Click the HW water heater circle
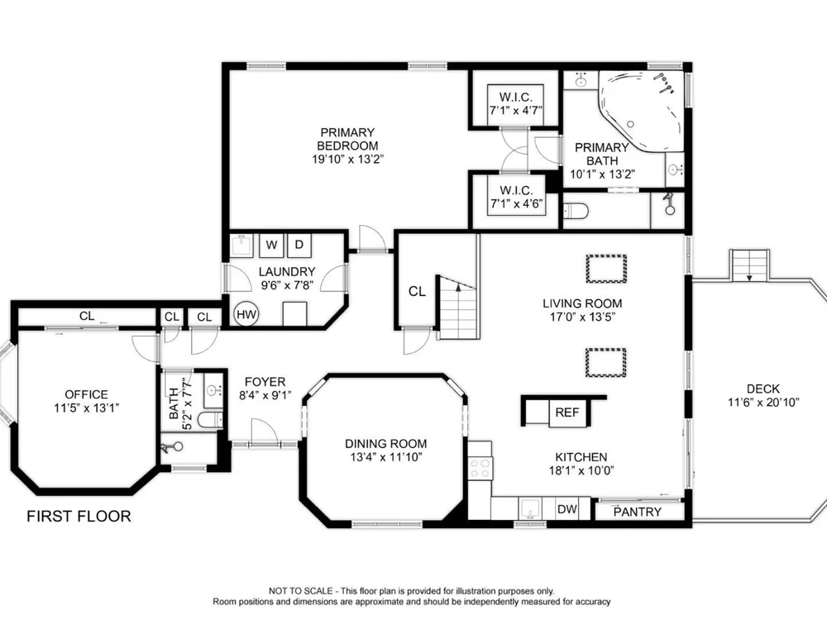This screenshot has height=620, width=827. (x=246, y=315)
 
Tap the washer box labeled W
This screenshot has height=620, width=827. (x=271, y=246)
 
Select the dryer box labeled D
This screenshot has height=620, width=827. (x=299, y=246)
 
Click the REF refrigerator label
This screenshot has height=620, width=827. (x=567, y=413)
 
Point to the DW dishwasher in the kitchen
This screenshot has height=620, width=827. (x=567, y=508)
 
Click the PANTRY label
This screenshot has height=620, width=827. (x=637, y=512)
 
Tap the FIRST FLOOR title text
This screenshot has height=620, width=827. (x=79, y=516)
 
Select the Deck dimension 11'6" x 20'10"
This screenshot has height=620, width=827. (x=763, y=403)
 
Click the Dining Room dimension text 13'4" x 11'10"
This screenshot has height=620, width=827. (x=386, y=457)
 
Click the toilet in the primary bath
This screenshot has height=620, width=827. (x=575, y=212)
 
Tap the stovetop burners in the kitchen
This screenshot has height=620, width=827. (x=480, y=468)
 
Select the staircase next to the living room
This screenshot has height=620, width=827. (x=458, y=308)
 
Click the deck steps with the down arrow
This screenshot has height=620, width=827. (x=749, y=265)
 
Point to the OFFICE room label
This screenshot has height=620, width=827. (x=87, y=394)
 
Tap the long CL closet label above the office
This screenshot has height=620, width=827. (x=87, y=316)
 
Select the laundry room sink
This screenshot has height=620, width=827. (x=242, y=246)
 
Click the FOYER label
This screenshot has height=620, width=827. (x=265, y=382)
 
